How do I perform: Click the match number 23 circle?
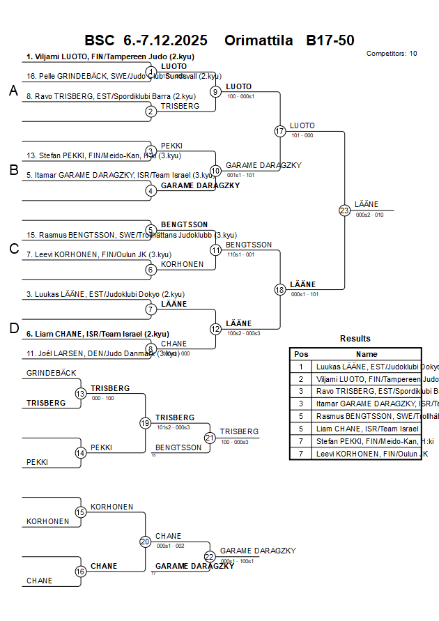coord(344,210)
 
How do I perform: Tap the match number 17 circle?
coord(280,131)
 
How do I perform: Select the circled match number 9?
coord(216,91)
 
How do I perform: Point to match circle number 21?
coord(210,438)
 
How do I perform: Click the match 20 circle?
coord(145,541)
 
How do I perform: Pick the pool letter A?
coord(13,91)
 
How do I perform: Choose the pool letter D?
coord(13,328)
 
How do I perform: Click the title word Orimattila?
coord(259,40)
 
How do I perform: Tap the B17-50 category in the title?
coord(330,40)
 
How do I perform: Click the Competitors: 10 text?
coord(392,54)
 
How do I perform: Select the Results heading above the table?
coord(355,339)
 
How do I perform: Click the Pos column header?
coord(301,354)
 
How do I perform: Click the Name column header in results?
coord(367,354)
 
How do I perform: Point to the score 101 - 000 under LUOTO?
coord(302,136)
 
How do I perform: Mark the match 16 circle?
coord(81,571)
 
